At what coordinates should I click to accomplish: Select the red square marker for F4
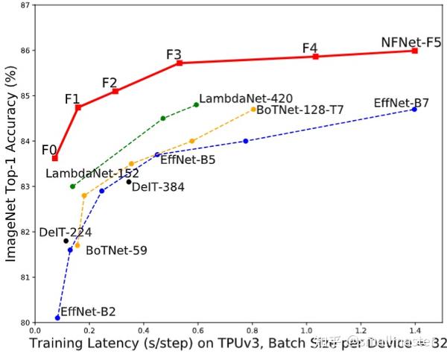tap(316, 57)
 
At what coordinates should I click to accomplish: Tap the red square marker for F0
tap(55, 158)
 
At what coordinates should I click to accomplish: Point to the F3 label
tap(174, 54)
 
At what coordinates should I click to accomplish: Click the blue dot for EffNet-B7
tap(415, 110)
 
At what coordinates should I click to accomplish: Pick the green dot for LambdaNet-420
tap(197, 104)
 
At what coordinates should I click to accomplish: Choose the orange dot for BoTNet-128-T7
tap(253, 109)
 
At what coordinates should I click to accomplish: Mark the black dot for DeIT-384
tap(128, 181)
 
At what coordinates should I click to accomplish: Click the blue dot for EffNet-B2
tap(57, 318)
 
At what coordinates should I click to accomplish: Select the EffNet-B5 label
tap(188, 159)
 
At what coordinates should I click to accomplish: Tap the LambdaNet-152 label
tap(92, 173)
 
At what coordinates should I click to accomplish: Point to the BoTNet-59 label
tap(116, 250)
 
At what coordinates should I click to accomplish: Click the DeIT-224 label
tap(66, 233)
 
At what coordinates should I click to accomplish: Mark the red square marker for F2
tap(115, 91)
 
